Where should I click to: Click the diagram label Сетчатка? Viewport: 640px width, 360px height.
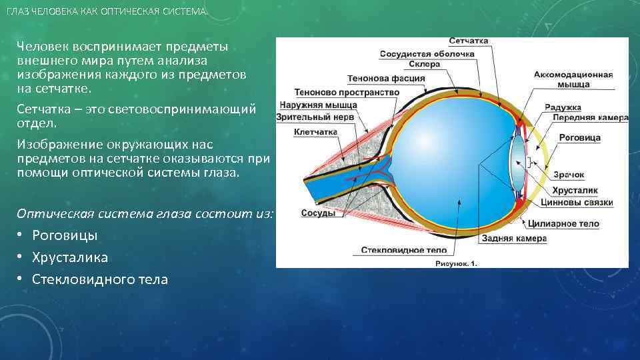468,41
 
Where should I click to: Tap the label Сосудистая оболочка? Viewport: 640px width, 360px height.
427,53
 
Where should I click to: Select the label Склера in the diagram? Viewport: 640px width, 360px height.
425,65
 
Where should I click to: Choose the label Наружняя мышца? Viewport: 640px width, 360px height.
319,105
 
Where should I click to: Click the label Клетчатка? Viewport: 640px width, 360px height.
315,132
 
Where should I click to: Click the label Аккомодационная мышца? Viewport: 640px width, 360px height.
573,80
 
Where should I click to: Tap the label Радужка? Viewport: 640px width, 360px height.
563,107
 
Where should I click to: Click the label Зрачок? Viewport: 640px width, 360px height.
568,175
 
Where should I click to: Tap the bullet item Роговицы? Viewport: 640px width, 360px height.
65,235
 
